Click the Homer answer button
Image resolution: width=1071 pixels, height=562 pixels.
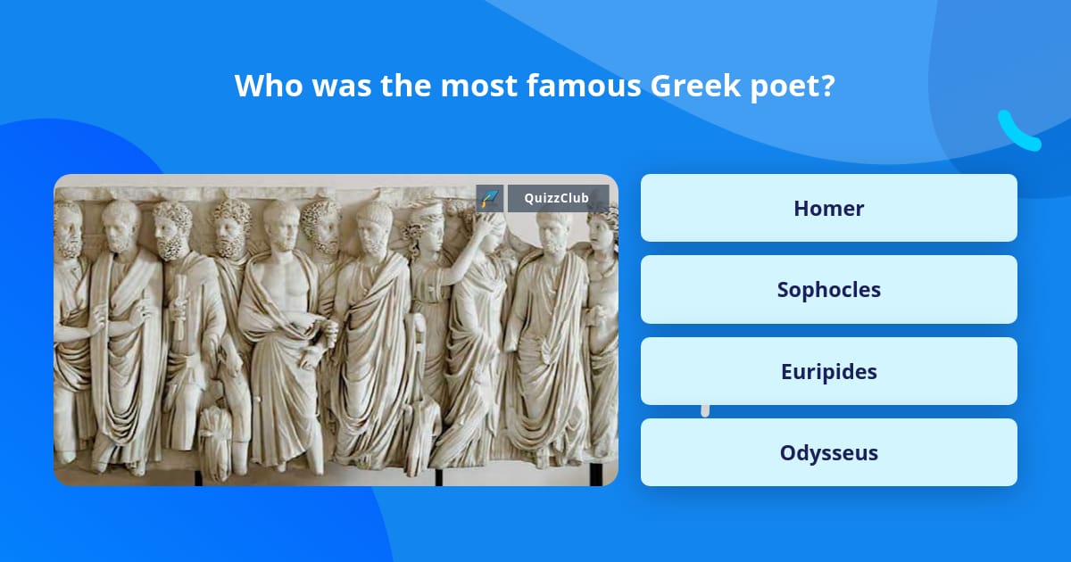tap(828, 208)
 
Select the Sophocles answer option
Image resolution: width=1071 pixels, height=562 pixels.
tap(828, 289)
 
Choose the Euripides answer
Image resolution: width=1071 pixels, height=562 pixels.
tap(828, 371)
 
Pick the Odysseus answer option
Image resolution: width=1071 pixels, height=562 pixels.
tap(828, 452)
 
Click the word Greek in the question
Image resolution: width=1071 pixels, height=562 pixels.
tap(690, 87)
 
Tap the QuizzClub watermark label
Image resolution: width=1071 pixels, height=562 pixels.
tap(558, 198)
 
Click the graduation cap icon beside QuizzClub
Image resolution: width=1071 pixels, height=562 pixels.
tap(490, 198)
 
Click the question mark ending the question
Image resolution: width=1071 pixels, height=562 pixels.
tap(827, 87)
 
